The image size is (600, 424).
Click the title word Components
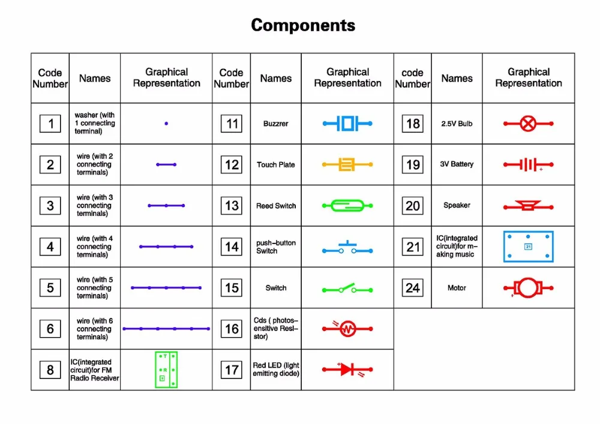tap(303, 25)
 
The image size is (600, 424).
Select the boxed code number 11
tap(232, 124)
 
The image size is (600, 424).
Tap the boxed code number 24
tap(413, 288)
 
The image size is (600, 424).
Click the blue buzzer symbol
tap(347, 124)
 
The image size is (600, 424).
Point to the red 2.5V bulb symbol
tap(528, 124)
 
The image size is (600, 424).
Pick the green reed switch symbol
tap(347, 206)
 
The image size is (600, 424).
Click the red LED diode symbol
tap(347, 369)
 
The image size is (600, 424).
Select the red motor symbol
tap(528, 288)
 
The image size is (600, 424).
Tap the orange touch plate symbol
tap(347, 164)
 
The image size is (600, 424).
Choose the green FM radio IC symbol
tap(166, 369)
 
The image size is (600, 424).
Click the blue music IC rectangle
tap(528, 246)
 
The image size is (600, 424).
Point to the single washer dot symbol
tap(166, 124)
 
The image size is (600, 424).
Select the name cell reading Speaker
tap(457, 205)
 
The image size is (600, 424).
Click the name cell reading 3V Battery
tap(457, 164)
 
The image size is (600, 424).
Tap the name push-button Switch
tap(276, 246)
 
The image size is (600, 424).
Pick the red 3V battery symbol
tap(528, 164)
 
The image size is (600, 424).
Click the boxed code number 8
tap(50, 370)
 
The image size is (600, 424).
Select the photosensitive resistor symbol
tap(347, 329)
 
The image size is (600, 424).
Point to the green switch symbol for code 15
tap(347, 289)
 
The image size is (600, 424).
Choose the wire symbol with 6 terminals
tap(166, 329)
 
